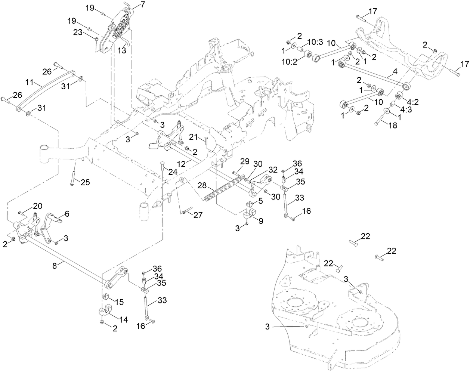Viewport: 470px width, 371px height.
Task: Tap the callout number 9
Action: [x=260, y=221]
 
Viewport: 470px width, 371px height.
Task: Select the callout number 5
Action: [x=260, y=201]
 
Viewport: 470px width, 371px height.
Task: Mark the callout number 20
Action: [x=38, y=206]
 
